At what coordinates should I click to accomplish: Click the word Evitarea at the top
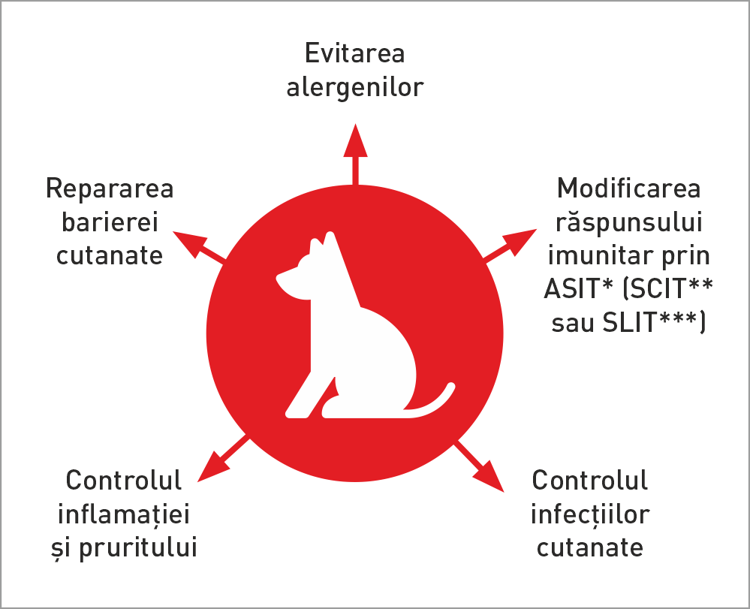[355, 54]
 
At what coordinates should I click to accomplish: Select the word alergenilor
[355, 87]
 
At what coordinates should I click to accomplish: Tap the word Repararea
[110, 188]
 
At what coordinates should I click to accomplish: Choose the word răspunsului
[629, 222]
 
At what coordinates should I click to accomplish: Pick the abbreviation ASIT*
[577, 289]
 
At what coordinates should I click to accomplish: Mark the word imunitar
[595, 256]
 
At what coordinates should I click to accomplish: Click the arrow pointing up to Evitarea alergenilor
[355, 150]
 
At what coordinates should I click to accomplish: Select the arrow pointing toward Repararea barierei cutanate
[197, 246]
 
